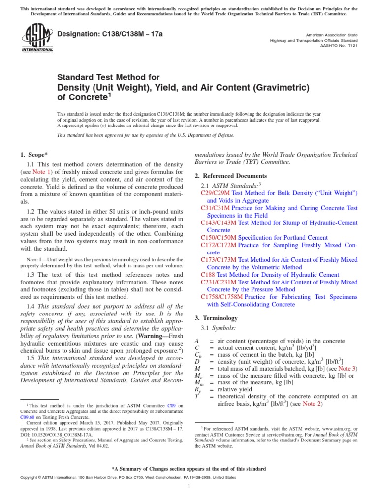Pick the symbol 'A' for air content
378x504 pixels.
point(197,341)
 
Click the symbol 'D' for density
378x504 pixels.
point(197,361)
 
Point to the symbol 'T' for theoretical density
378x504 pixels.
point(197,396)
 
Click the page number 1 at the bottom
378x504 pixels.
point(189,486)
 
